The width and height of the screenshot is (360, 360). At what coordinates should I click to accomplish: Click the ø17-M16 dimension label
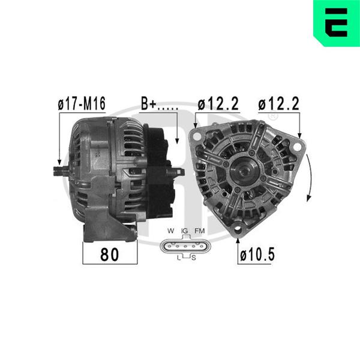tap(82, 103)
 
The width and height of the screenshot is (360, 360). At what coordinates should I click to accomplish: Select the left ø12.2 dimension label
tap(218, 103)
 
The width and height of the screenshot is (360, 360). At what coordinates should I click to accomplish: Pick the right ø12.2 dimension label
tap(279, 104)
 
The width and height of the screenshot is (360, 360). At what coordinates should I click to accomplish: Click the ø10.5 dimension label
tap(257, 254)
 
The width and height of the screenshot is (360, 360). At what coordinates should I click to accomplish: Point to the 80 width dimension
tap(110, 254)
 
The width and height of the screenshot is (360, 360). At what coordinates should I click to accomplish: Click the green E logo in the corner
tap(337, 23)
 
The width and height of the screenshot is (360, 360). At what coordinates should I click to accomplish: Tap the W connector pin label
tap(171, 231)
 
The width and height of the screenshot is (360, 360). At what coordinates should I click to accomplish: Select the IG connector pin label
tap(184, 231)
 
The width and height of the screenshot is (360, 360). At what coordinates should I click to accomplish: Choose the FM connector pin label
tap(200, 231)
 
